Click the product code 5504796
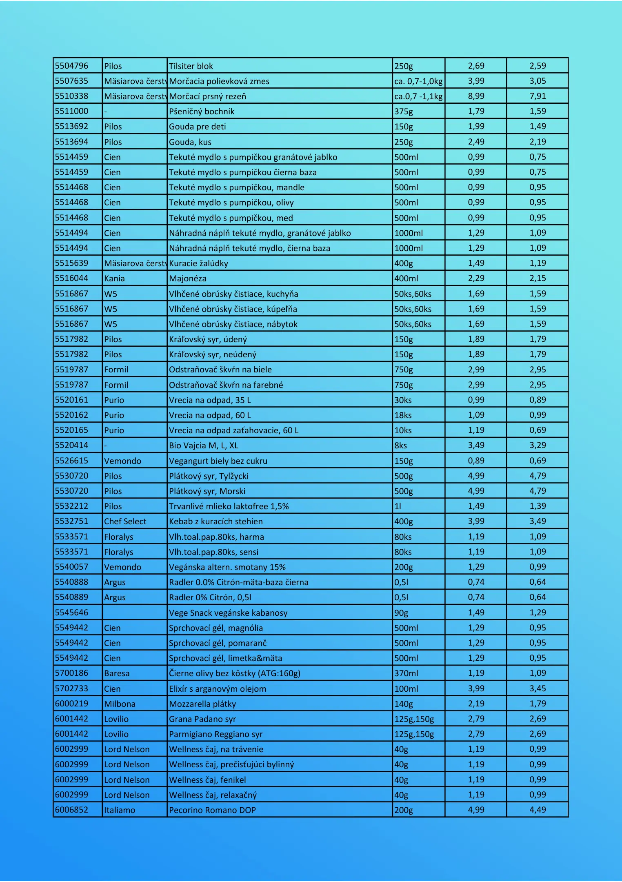point(71,66)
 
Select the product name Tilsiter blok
point(191,66)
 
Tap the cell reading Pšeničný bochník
point(202,111)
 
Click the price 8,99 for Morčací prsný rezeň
point(476,96)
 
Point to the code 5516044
point(71,278)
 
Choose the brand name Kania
point(114,278)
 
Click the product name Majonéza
point(188,278)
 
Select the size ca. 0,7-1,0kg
point(418,81)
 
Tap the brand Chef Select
point(125,521)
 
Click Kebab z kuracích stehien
point(216,521)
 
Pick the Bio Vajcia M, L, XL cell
point(204,445)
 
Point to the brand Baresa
point(117,673)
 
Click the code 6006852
point(71,809)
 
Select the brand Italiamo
point(120,810)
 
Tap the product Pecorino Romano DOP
point(212,810)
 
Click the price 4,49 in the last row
point(538,809)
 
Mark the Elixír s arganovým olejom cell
point(218,689)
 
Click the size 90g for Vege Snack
point(401,613)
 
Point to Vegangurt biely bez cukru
point(218,461)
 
